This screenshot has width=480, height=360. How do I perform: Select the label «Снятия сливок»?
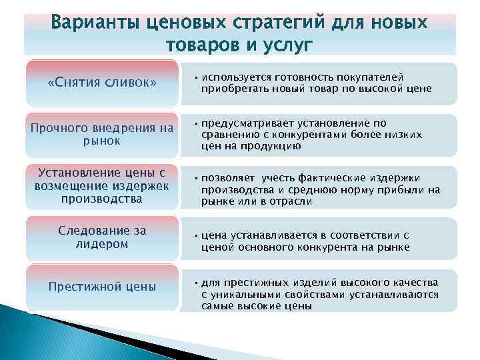103,83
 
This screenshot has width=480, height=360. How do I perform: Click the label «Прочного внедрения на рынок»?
102,134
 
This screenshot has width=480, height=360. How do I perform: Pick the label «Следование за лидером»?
102,237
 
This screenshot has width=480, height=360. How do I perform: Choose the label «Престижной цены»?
102,287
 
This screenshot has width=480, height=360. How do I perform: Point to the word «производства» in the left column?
102,199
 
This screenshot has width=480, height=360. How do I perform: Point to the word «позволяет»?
228,178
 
